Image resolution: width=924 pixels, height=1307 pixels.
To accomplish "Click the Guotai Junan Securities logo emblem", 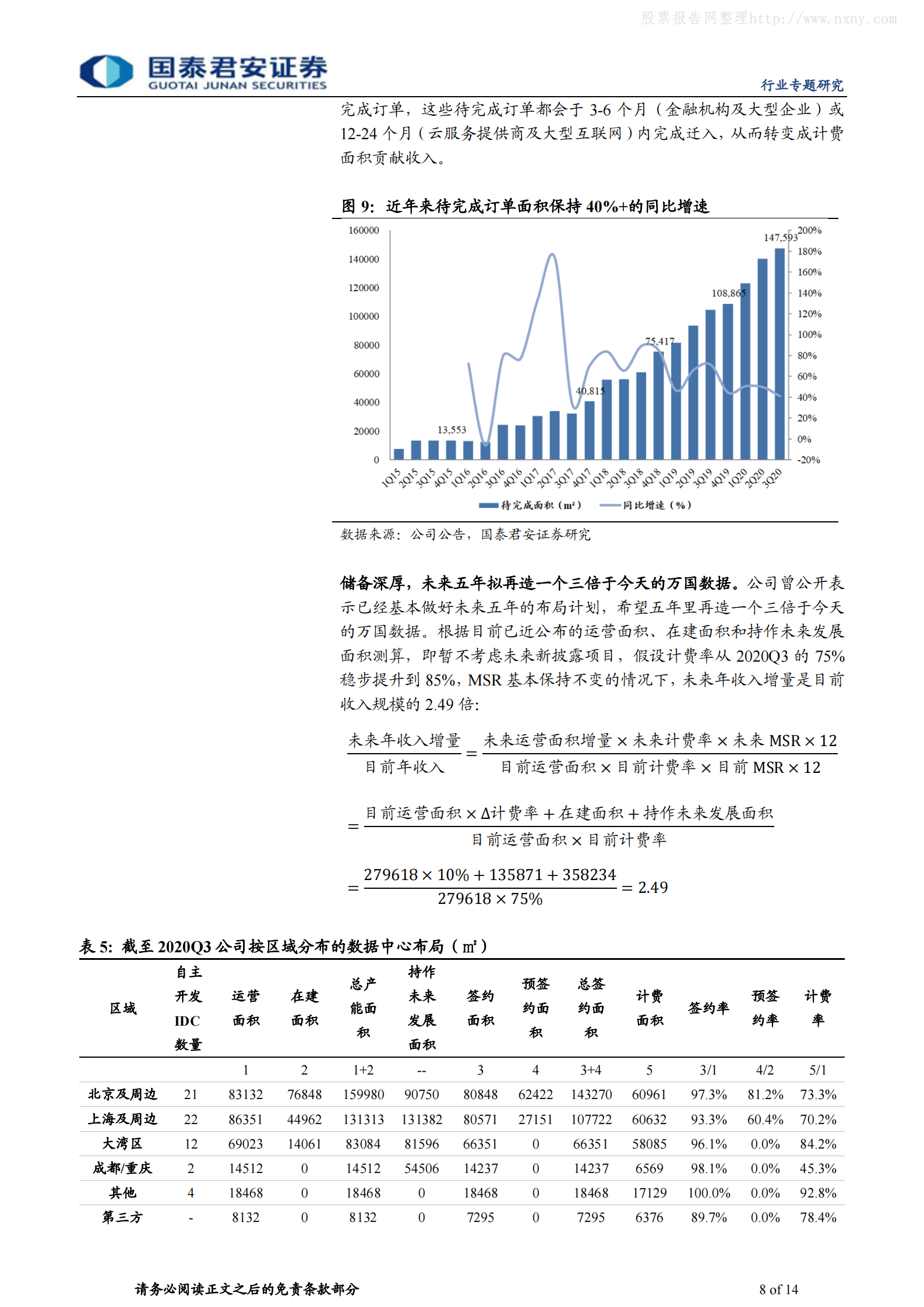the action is tap(106, 72).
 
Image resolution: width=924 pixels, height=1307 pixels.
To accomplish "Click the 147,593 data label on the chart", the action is tap(780, 238).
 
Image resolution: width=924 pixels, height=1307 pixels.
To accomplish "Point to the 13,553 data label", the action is tap(452, 430).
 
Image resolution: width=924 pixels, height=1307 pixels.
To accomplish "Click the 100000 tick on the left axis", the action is tap(364, 316).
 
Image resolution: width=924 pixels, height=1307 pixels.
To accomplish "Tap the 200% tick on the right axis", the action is tap(809, 231).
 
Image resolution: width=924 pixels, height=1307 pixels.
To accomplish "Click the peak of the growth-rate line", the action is tap(552, 255).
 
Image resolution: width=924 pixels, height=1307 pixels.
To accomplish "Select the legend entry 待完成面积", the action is tap(530, 505).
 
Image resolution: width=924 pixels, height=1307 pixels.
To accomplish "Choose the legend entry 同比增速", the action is tap(646, 505).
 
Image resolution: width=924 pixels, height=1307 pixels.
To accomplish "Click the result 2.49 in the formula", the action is tap(653, 887).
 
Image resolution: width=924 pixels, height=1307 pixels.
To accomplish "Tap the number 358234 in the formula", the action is tap(588, 875).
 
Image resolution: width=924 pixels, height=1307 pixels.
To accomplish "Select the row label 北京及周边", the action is tap(122, 1094).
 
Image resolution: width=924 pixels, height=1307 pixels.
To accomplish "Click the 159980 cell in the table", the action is tap(363, 1095).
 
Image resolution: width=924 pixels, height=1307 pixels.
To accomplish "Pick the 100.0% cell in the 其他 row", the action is tap(708, 1193).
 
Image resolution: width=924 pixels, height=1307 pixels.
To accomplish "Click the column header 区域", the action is tap(123, 1008).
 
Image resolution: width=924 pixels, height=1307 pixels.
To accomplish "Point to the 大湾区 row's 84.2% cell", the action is tap(817, 1144).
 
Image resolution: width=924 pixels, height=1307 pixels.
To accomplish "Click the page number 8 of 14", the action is tap(778, 1290).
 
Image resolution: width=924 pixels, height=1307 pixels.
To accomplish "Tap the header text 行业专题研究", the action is tap(802, 86).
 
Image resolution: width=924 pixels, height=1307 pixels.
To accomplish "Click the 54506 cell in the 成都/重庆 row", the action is tap(421, 1168).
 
